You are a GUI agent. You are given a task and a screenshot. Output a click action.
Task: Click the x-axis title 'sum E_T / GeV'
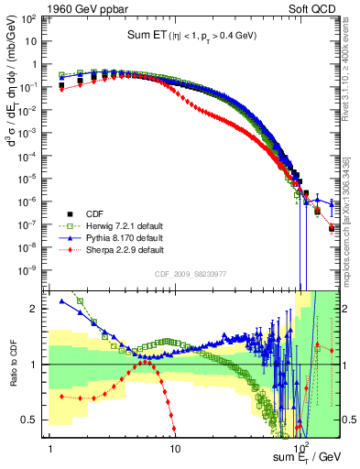(x=308, y=455)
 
